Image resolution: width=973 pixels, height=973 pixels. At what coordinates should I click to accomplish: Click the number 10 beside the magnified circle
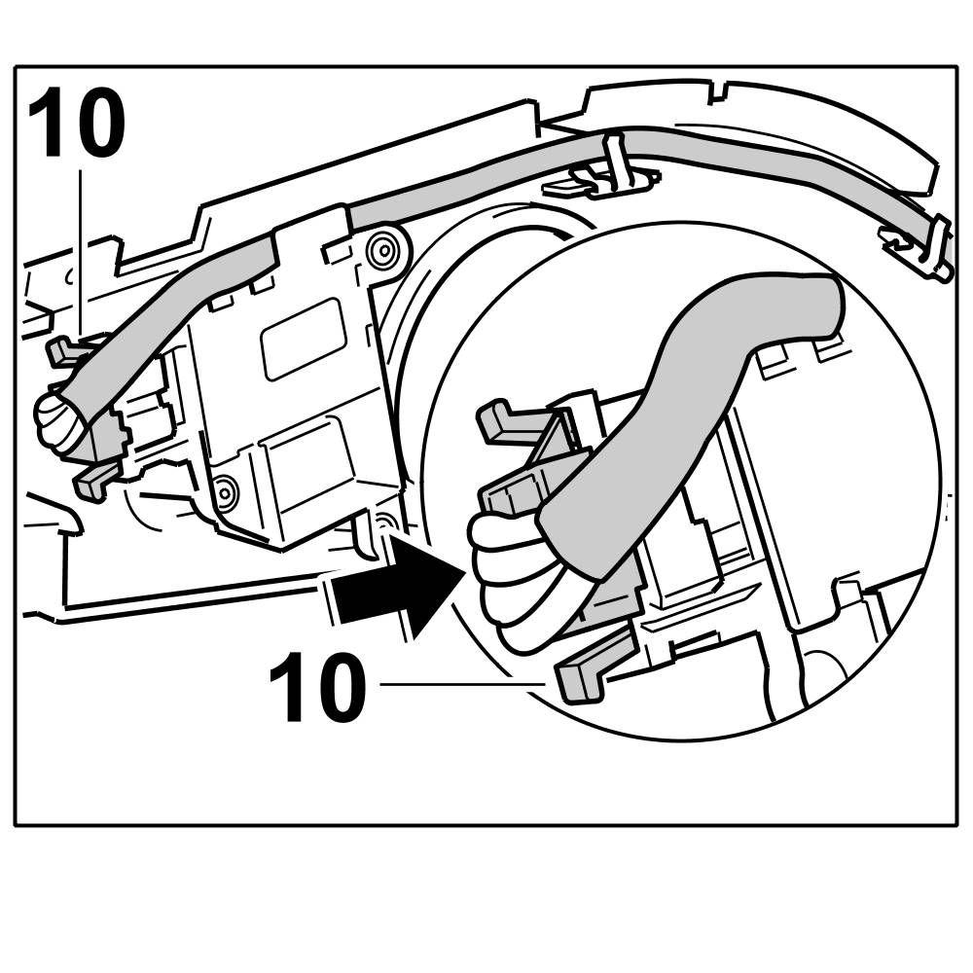[x=317, y=688]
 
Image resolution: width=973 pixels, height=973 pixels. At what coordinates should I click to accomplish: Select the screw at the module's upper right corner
[x=383, y=249]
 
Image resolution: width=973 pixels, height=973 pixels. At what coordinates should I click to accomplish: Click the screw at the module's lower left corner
[x=226, y=493]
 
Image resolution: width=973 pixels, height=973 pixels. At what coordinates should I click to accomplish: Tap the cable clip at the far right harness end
[x=924, y=245]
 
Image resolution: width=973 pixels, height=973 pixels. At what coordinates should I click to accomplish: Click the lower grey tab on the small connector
[x=95, y=479]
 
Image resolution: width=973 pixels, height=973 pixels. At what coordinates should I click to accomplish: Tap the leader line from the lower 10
[x=457, y=685]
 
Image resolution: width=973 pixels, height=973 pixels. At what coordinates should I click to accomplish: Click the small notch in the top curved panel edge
[x=718, y=94]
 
